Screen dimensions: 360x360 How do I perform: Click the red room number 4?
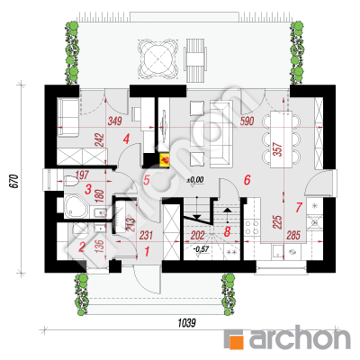point(126,139)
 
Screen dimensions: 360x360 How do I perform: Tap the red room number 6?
point(247,180)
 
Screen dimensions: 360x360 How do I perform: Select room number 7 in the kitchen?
point(299,207)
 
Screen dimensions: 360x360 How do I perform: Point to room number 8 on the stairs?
point(227,231)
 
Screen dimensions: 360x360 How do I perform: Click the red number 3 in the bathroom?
point(88,189)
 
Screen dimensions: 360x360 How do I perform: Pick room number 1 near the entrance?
point(147,252)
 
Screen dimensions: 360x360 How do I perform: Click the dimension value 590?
point(247,121)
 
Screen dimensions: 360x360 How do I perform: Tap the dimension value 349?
point(114,121)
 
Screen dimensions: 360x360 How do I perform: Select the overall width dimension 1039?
point(187,323)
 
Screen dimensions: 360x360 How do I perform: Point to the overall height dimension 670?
point(15,181)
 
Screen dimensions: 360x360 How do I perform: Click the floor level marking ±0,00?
point(194,180)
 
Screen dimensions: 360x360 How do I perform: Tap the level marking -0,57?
point(201,249)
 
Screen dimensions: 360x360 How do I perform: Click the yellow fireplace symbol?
point(165,160)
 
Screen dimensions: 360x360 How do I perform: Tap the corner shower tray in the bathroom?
point(76,207)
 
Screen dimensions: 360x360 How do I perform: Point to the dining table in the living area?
point(282,139)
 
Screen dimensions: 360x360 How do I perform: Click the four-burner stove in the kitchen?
point(252,228)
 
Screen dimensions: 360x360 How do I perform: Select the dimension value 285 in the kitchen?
point(293,236)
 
